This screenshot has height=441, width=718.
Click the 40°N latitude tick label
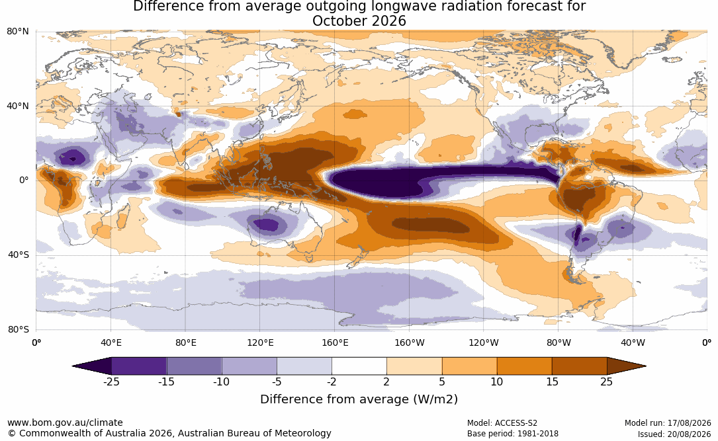[x=18, y=106]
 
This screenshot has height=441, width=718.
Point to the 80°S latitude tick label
[x=18, y=329]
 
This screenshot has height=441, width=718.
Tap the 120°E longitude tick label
[x=260, y=342]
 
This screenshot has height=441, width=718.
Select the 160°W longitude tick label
[x=410, y=342]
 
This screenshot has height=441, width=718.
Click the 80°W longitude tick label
[x=559, y=342]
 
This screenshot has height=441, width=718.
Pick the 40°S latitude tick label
[x=18, y=255]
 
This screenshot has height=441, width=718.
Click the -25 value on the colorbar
[x=111, y=382]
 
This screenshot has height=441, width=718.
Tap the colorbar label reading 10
[x=497, y=382]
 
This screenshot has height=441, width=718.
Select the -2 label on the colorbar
[x=332, y=382]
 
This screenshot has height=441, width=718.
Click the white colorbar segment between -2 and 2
[x=359, y=366]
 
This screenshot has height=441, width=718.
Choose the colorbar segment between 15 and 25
[x=579, y=366]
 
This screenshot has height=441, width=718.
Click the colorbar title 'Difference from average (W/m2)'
[x=359, y=399]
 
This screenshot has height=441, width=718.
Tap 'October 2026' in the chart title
[x=359, y=21]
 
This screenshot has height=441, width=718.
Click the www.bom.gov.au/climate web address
[x=65, y=422]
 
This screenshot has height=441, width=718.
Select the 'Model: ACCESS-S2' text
[x=502, y=423]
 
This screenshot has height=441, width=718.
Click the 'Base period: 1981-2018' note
[x=513, y=433]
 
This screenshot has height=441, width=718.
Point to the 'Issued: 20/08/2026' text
[x=674, y=434]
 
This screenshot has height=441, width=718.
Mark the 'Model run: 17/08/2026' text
[x=668, y=423]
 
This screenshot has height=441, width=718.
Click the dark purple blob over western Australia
[x=265, y=225]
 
